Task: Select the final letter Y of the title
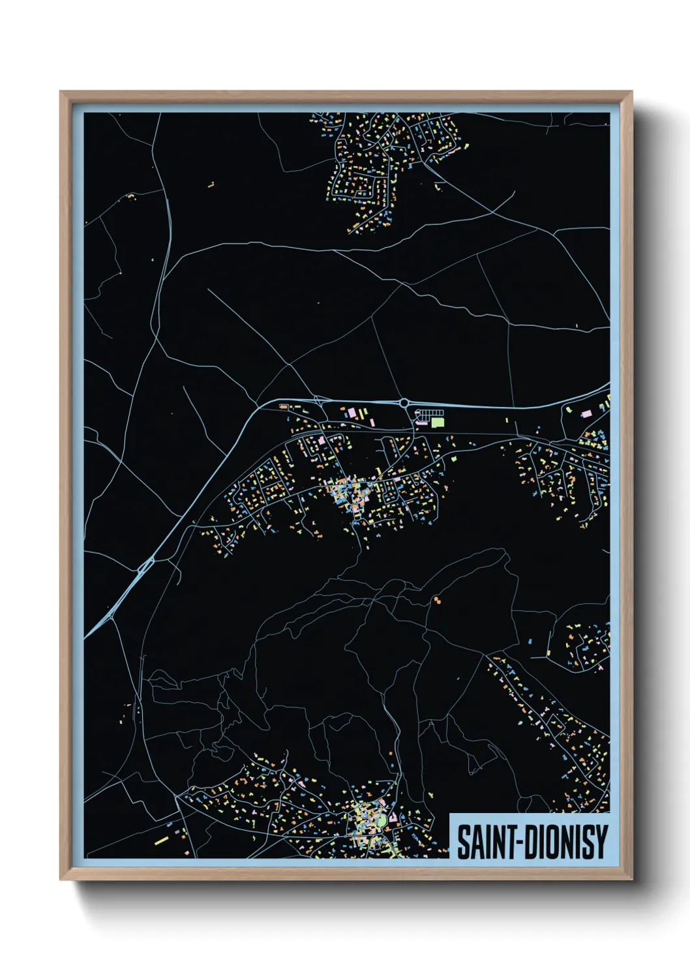click(602, 842)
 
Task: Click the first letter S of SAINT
click(463, 842)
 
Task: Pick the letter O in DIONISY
click(552, 842)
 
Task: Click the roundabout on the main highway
click(404, 403)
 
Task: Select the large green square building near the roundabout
click(437, 422)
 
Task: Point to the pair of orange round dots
click(436, 599)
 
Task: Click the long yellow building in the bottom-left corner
click(161, 840)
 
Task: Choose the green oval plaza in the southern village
click(382, 822)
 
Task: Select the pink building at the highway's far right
click(586, 413)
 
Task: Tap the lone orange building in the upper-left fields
click(211, 185)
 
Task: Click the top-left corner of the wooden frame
click(61, 92)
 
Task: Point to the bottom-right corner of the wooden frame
click(631, 880)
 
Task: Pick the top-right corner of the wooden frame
click(631, 92)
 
